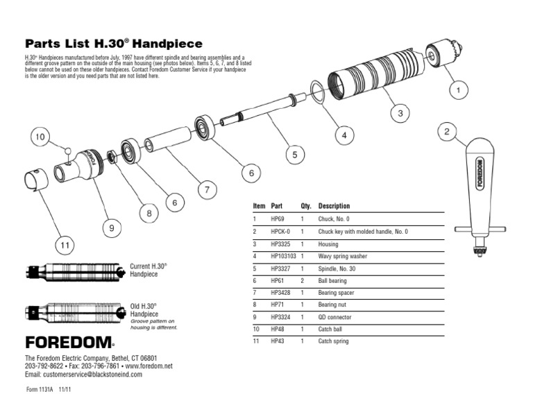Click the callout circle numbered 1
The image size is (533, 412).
458,90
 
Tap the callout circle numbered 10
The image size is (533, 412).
40,137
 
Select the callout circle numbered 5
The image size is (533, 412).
294,155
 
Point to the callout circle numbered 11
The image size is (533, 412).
65,245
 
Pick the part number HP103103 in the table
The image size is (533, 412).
283,256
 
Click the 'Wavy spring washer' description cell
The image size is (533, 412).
342,256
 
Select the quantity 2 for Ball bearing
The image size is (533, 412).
303,281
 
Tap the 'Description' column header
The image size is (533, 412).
334,206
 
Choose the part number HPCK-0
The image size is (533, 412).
280,231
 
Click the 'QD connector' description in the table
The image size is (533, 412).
335,317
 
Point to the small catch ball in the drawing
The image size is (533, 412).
68,150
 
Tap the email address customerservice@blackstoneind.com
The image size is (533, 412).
83,374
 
